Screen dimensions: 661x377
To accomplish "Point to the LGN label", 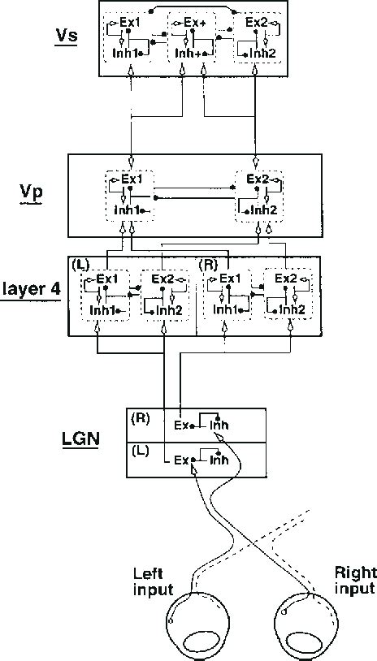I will (80, 440).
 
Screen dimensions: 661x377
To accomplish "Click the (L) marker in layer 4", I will (80, 266).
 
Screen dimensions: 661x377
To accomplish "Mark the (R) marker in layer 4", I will (210, 266).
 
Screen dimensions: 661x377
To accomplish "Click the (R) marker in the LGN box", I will (141, 418).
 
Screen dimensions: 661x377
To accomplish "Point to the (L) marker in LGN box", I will (140, 448).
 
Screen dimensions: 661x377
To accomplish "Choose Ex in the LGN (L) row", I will (182, 460).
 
